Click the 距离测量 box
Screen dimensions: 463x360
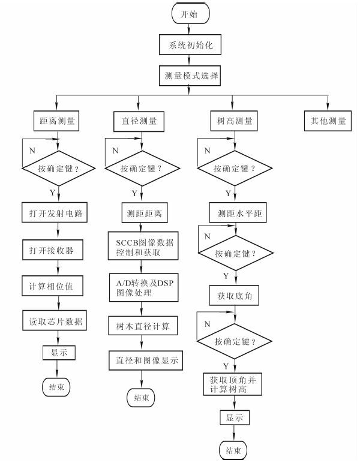(x=56, y=121)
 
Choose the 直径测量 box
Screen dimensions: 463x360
(x=139, y=121)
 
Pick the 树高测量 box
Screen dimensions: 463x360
(x=232, y=121)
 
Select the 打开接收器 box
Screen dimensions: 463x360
(x=56, y=248)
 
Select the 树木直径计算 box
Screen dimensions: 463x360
(x=142, y=327)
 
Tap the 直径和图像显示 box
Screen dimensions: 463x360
(x=142, y=362)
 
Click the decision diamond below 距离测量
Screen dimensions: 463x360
(x=56, y=169)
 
